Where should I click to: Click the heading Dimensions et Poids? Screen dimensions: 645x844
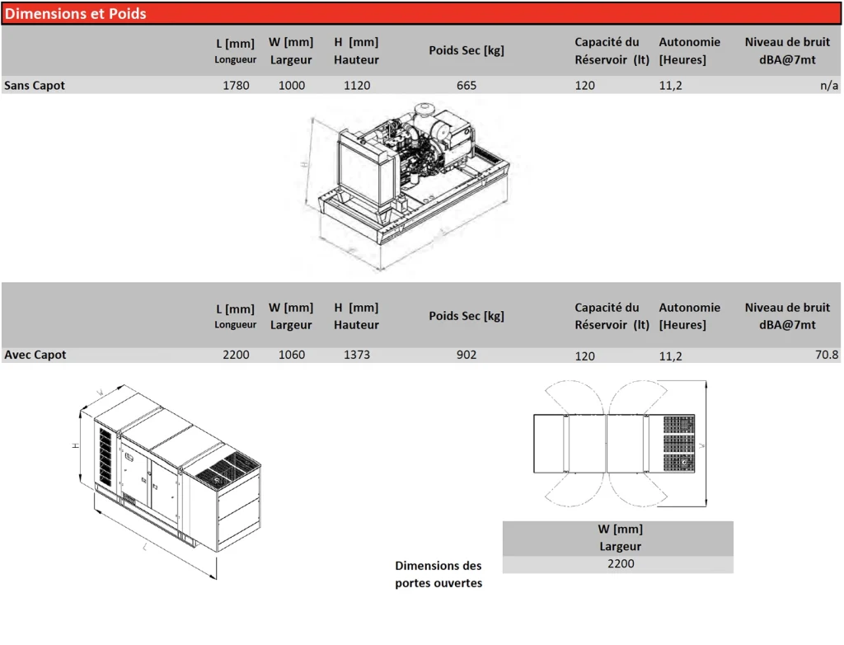pos(76,14)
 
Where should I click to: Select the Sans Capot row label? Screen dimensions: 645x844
pos(35,85)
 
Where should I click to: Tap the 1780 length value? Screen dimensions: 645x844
pos(236,85)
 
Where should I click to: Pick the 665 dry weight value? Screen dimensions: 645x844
pos(467,85)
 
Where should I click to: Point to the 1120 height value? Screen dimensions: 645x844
pos(357,85)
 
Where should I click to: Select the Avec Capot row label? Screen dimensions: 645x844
pos(35,355)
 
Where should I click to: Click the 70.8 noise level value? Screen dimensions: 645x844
pos(826,355)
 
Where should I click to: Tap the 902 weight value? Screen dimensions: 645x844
pos(467,355)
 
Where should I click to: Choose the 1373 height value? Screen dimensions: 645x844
pos(357,355)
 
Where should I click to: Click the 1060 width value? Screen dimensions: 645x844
pos(291,355)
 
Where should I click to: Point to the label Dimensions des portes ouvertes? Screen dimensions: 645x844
pos(438,574)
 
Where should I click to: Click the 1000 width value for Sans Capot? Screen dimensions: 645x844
pos(291,85)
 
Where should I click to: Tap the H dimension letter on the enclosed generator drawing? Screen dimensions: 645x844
pos(75,445)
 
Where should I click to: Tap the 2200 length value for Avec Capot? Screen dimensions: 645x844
pos(236,355)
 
